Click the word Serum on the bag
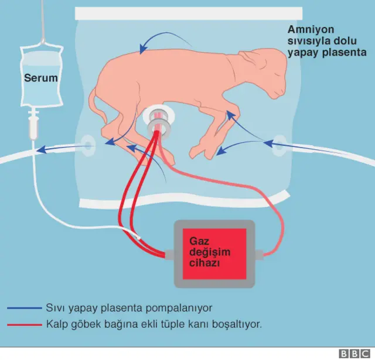point(39,77)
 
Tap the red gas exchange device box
point(214,253)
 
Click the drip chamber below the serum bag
point(33,125)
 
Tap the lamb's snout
point(282,88)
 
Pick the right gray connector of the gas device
point(260,255)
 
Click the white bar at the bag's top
point(189,13)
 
